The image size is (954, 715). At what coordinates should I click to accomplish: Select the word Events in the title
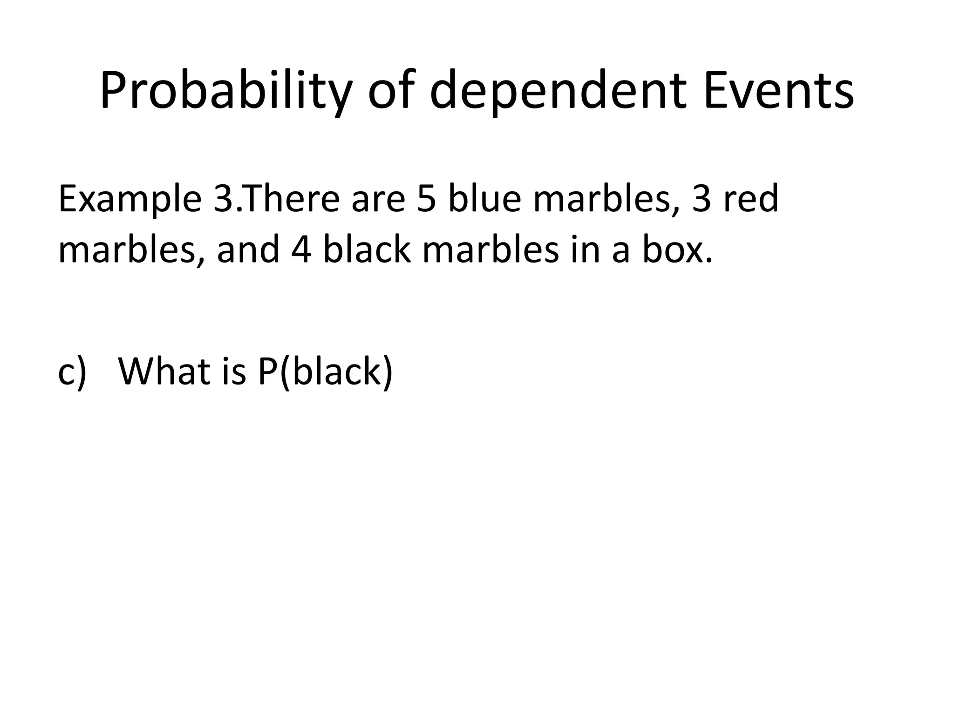pyautogui.click(x=779, y=91)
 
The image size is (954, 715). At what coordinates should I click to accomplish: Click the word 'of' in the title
pyautogui.click(x=390, y=91)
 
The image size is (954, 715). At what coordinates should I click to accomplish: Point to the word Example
pyautogui.click(x=129, y=199)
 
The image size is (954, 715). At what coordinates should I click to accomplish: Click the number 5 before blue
pyautogui.click(x=425, y=199)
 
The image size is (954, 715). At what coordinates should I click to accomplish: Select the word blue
pyautogui.click(x=484, y=199)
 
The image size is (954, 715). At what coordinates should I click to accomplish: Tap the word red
pyautogui.click(x=750, y=199)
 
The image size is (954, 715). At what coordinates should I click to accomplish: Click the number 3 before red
pyautogui.click(x=702, y=199)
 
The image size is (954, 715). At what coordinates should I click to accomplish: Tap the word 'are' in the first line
pyautogui.click(x=378, y=199)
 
